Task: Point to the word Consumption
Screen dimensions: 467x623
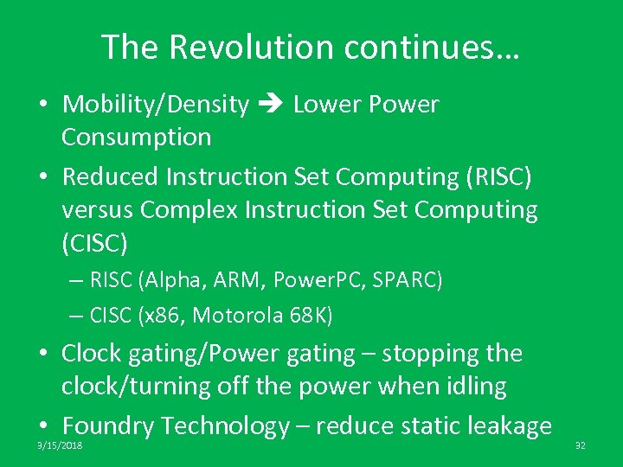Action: (136, 137)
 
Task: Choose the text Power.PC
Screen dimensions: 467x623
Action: (313, 280)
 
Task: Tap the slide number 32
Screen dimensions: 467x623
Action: (580, 445)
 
